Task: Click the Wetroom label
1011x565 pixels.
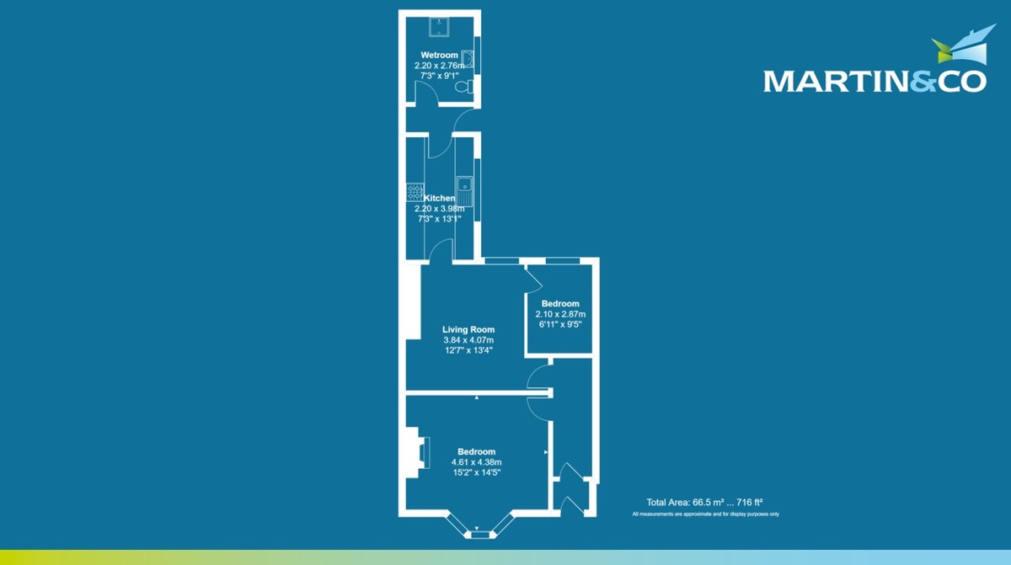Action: tap(440, 56)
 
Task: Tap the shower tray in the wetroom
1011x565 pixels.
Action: tap(440, 28)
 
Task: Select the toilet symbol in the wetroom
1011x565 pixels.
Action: tap(463, 86)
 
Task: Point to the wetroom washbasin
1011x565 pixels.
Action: tap(468, 59)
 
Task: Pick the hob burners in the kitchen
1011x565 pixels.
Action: tap(414, 192)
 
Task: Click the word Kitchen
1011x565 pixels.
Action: tap(440, 198)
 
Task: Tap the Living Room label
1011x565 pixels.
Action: tap(468, 330)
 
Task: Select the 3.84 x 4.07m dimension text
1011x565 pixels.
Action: tap(468, 340)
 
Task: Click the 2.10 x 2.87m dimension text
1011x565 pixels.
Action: tap(560, 313)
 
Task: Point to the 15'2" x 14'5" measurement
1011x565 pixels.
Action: tap(476, 472)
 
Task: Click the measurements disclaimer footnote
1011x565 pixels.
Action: tap(705, 514)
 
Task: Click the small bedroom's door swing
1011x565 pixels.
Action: tap(533, 275)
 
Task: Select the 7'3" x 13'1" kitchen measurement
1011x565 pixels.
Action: tap(440, 218)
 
